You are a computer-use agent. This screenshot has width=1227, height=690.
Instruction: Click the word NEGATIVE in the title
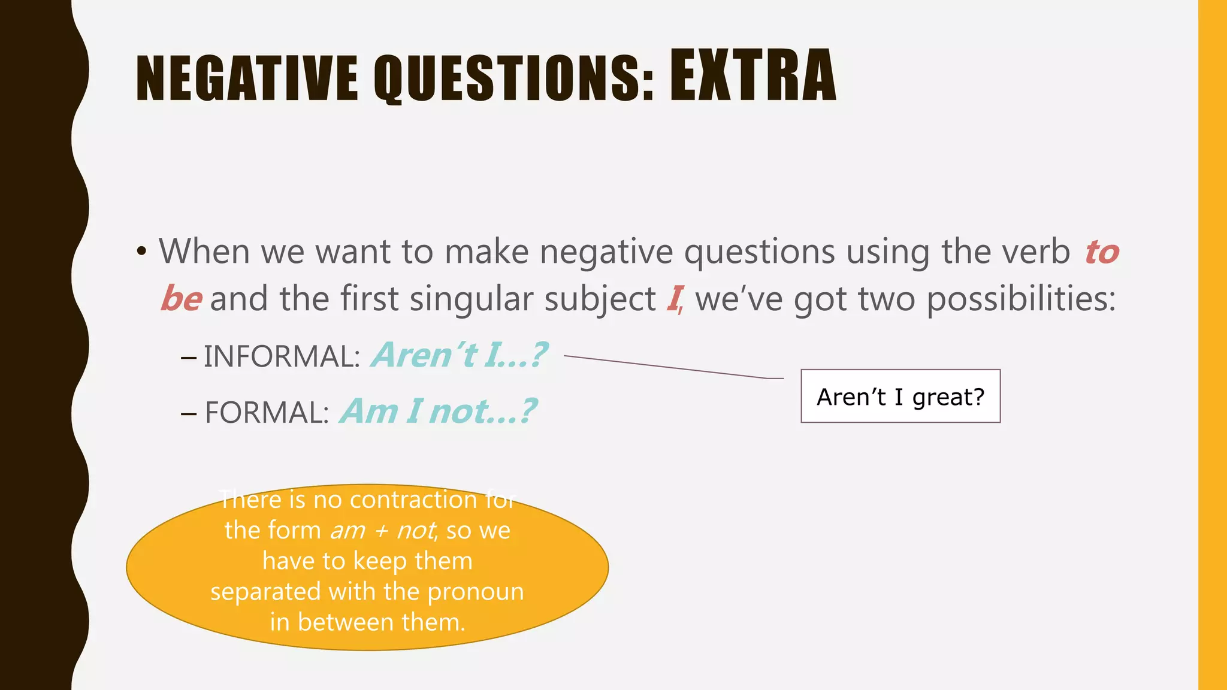(247, 78)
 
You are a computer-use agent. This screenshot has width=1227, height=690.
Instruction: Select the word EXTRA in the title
(752, 76)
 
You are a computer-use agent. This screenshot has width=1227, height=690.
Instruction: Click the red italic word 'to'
(1102, 252)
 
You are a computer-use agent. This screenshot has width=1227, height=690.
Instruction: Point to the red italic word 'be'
(181, 298)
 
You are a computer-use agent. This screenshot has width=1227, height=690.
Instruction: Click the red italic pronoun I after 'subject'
(674, 298)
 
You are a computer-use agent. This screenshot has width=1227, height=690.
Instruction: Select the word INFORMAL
(280, 356)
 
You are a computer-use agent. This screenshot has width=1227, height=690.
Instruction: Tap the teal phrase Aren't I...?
(459, 355)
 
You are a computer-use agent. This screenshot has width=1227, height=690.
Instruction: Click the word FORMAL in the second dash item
(266, 413)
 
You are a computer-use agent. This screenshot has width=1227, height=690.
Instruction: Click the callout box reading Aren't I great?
(900, 396)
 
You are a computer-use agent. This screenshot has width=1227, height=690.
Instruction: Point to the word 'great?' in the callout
(948, 397)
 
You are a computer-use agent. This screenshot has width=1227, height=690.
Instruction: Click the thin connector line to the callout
(665, 367)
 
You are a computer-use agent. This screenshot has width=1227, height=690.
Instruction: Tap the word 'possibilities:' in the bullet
(1021, 298)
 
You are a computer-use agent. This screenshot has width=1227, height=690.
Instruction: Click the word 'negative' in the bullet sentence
(606, 252)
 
